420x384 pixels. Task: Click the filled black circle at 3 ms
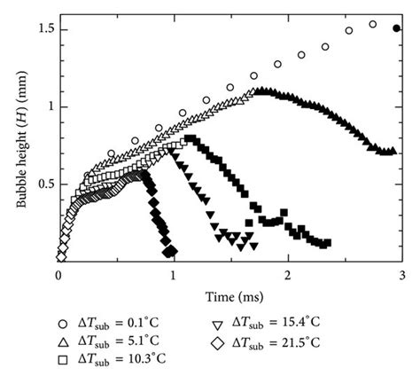(x=396, y=28)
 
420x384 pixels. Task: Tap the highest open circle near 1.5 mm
(x=372, y=25)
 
